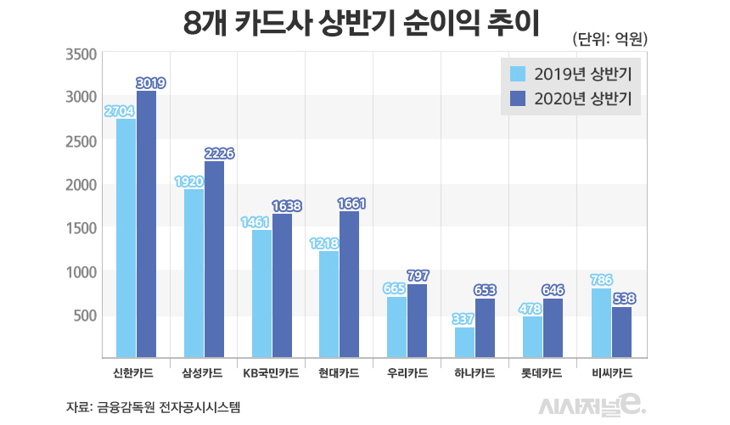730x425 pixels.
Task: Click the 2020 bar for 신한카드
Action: click(x=146, y=225)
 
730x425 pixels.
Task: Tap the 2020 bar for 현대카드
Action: click(x=349, y=285)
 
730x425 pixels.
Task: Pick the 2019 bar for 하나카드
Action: click(x=464, y=343)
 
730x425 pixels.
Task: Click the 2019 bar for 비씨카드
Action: click(x=600, y=323)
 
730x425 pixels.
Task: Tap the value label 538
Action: click(x=624, y=299)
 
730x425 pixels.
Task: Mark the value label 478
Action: click(x=531, y=309)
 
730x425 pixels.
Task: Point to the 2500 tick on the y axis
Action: click(x=81, y=141)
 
